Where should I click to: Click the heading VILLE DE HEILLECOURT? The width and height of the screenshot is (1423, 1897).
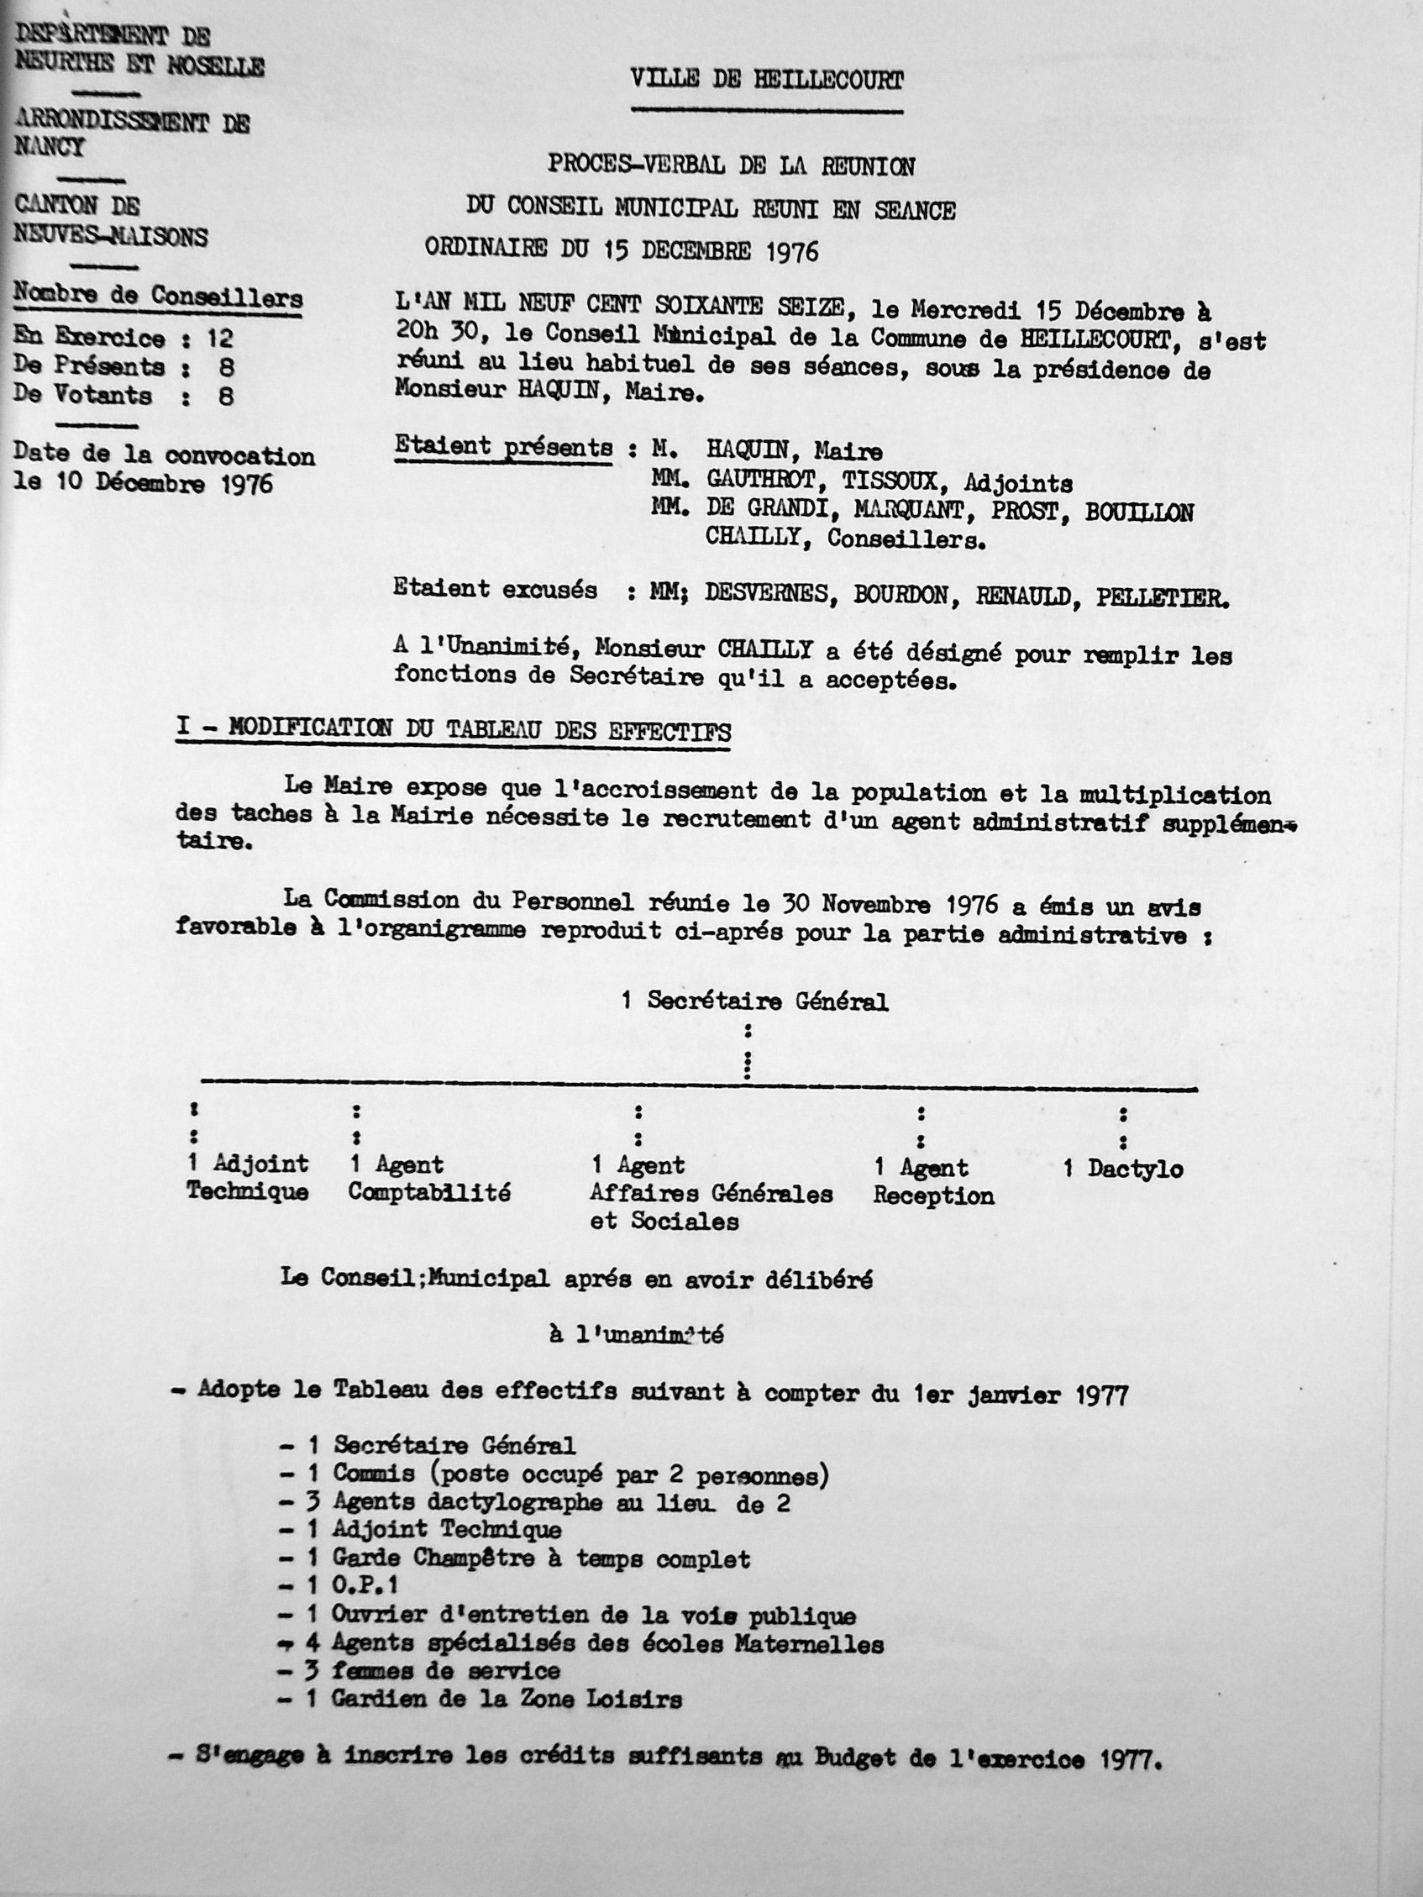(x=766, y=81)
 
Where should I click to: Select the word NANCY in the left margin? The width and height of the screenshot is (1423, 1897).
(x=50, y=148)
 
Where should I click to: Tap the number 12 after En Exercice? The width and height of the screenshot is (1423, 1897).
(x=219, y=338)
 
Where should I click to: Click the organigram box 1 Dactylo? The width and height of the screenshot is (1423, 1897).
(x=1123, y=1169)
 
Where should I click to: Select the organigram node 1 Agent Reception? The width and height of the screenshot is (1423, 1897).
(x=933, y=1182)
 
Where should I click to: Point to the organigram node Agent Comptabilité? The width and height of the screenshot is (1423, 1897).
(x=429, y=1179)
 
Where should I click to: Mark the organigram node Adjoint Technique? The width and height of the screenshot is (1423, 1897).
(x=248, y=1178)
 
